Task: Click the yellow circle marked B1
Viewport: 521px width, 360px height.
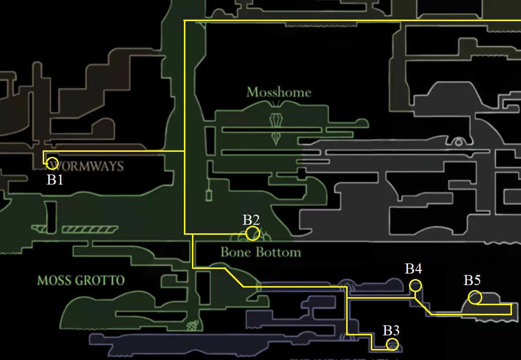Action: click(52, 163)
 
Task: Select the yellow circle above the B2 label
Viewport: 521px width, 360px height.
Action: click(253, 233)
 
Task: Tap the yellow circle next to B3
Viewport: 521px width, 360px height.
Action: click(392, 344)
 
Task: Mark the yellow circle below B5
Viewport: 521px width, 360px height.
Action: click(475, 298)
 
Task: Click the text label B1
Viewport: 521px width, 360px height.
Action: click(55, 180)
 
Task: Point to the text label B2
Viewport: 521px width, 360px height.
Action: click(251, 220)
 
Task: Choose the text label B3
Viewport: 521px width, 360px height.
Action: click(391, 330)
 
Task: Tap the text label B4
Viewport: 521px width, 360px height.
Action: click(413, 269)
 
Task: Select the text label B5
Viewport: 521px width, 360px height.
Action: click(472, 281)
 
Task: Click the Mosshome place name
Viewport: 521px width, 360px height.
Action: click(279, 93)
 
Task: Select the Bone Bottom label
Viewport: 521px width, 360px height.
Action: click(261, 252)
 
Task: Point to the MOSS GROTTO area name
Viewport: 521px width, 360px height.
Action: click(81, 280)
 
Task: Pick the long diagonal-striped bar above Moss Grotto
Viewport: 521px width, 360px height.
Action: click(90, 230)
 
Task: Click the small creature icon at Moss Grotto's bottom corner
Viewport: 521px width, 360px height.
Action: click(192, 327)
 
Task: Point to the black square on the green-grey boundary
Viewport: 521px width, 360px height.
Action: click(301, 173)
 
